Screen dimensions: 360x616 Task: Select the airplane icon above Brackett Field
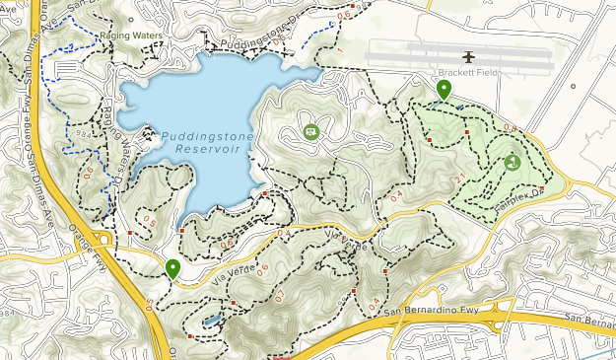coord(469,56)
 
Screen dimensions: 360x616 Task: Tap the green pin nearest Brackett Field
coord(444,91)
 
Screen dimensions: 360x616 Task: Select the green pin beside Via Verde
coord(173,268)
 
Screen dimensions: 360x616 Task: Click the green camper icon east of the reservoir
coord(311,131)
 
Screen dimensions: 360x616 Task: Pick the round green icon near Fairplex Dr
coord(512,163)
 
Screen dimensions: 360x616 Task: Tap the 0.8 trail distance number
coord(510,128)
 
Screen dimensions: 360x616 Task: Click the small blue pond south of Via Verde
coord(213,321)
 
